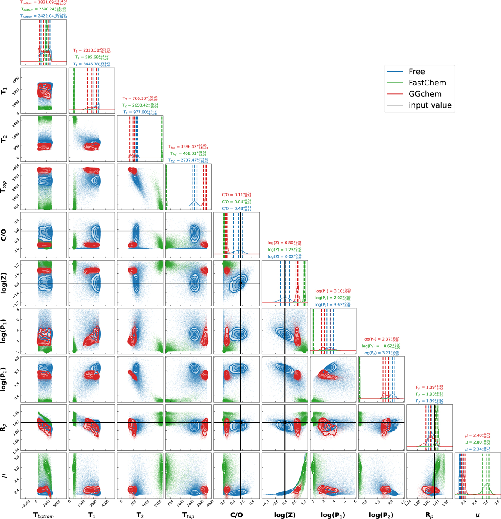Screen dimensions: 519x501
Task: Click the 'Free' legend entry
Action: pos(417,72)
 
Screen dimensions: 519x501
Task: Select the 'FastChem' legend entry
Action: pos(427,83)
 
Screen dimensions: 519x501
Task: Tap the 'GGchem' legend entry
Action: pos(425,94)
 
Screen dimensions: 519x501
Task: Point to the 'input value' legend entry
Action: pos(430,105)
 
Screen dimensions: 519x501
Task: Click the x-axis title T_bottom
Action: pos(43,516)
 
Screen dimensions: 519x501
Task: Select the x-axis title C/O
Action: pos(236,515)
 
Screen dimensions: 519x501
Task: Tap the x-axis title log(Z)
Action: pos(285,515)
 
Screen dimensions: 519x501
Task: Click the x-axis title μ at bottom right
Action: pos(477,515)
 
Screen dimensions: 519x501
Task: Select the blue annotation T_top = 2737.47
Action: pos(188,160)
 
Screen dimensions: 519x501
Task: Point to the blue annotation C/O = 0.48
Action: pos(236,208)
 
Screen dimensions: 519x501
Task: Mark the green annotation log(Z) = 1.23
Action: pos(285,249)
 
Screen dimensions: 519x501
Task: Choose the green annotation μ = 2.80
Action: pos(477,442)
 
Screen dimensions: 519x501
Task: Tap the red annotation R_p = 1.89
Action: pos(429,387)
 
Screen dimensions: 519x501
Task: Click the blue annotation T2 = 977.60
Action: pos(139,112)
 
